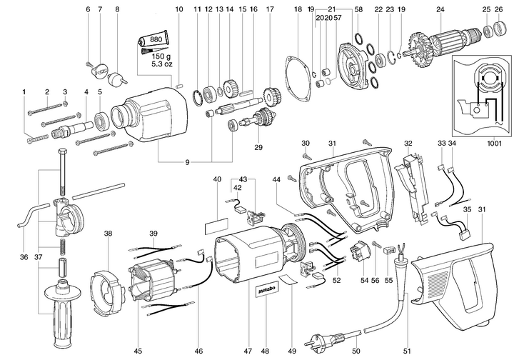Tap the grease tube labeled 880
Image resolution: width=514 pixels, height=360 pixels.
(x=156, y=41)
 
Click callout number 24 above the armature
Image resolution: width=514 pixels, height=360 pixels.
(x=440, y=9)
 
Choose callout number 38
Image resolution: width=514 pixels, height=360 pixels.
(x=108, y=233)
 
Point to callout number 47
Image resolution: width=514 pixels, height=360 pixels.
(x=248, y=331)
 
